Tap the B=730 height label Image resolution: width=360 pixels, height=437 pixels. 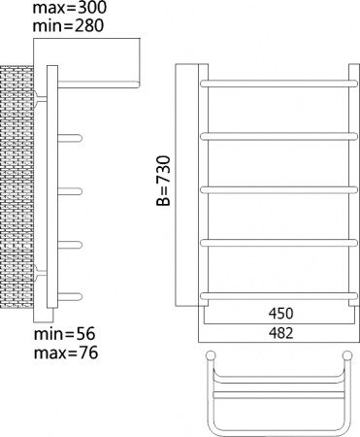coord(164,183)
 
